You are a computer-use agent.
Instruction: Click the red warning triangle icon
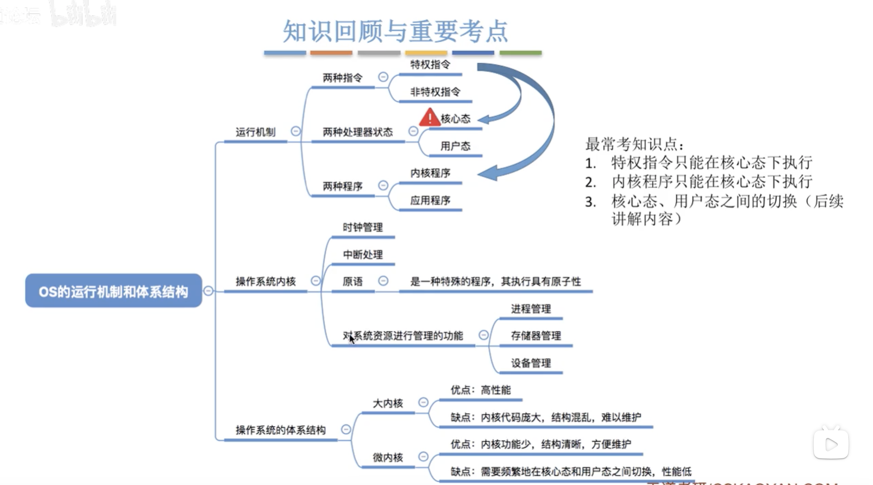click(x=429, y=117)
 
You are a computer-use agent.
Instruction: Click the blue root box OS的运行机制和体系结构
click(x=113, y=291)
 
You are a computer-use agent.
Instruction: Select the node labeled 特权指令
click(x=430, y=64)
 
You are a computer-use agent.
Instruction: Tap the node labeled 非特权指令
click(x=435, y=91)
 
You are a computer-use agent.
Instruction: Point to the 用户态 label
click(x=455, y=146)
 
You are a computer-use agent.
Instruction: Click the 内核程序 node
click(x=430, y=173)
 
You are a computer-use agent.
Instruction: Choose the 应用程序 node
click(x=430, y=200)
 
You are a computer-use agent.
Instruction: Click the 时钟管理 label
click(x=363, y=227)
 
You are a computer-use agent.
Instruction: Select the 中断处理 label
click(x=363, y=254)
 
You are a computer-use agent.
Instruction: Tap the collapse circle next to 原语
click(x=383, y=281)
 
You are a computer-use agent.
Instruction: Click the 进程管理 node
click(x=531, y=309)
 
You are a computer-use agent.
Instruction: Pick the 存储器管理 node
click(x=536, y=336)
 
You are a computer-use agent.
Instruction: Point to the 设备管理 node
click(x=531, y=363)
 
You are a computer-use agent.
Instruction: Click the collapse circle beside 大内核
click(x=423, y=402)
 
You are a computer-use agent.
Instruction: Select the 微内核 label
click(x=388, y=457)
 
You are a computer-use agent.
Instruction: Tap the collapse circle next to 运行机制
click(x=295, y=131)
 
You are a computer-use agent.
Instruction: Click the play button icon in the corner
click(x=831, y=444)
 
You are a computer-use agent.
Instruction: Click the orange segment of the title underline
click(x=331, y=53)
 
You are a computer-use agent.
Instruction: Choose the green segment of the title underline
click(x=520, y=53)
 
